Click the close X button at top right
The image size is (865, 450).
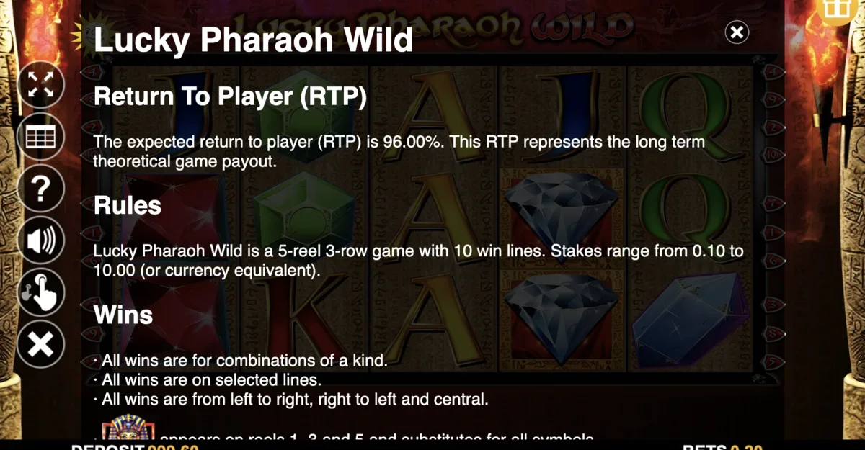pos(737,32)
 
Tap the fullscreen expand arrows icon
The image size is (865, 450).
pos(40,84)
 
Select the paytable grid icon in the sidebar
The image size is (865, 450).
pos(40,136)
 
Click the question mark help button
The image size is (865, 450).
pos(40,189)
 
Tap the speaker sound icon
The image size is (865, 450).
pos(40,240)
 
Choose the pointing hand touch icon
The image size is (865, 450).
pos(41,292)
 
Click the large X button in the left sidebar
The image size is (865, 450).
pos(40,345)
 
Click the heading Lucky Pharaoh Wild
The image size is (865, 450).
pos(253,40)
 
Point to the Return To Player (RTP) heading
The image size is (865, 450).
pos(230,97)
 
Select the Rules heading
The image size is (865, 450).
pos(128,206)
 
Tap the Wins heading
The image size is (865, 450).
pos(123,315)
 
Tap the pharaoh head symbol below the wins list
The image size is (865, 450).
pos(125,431)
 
